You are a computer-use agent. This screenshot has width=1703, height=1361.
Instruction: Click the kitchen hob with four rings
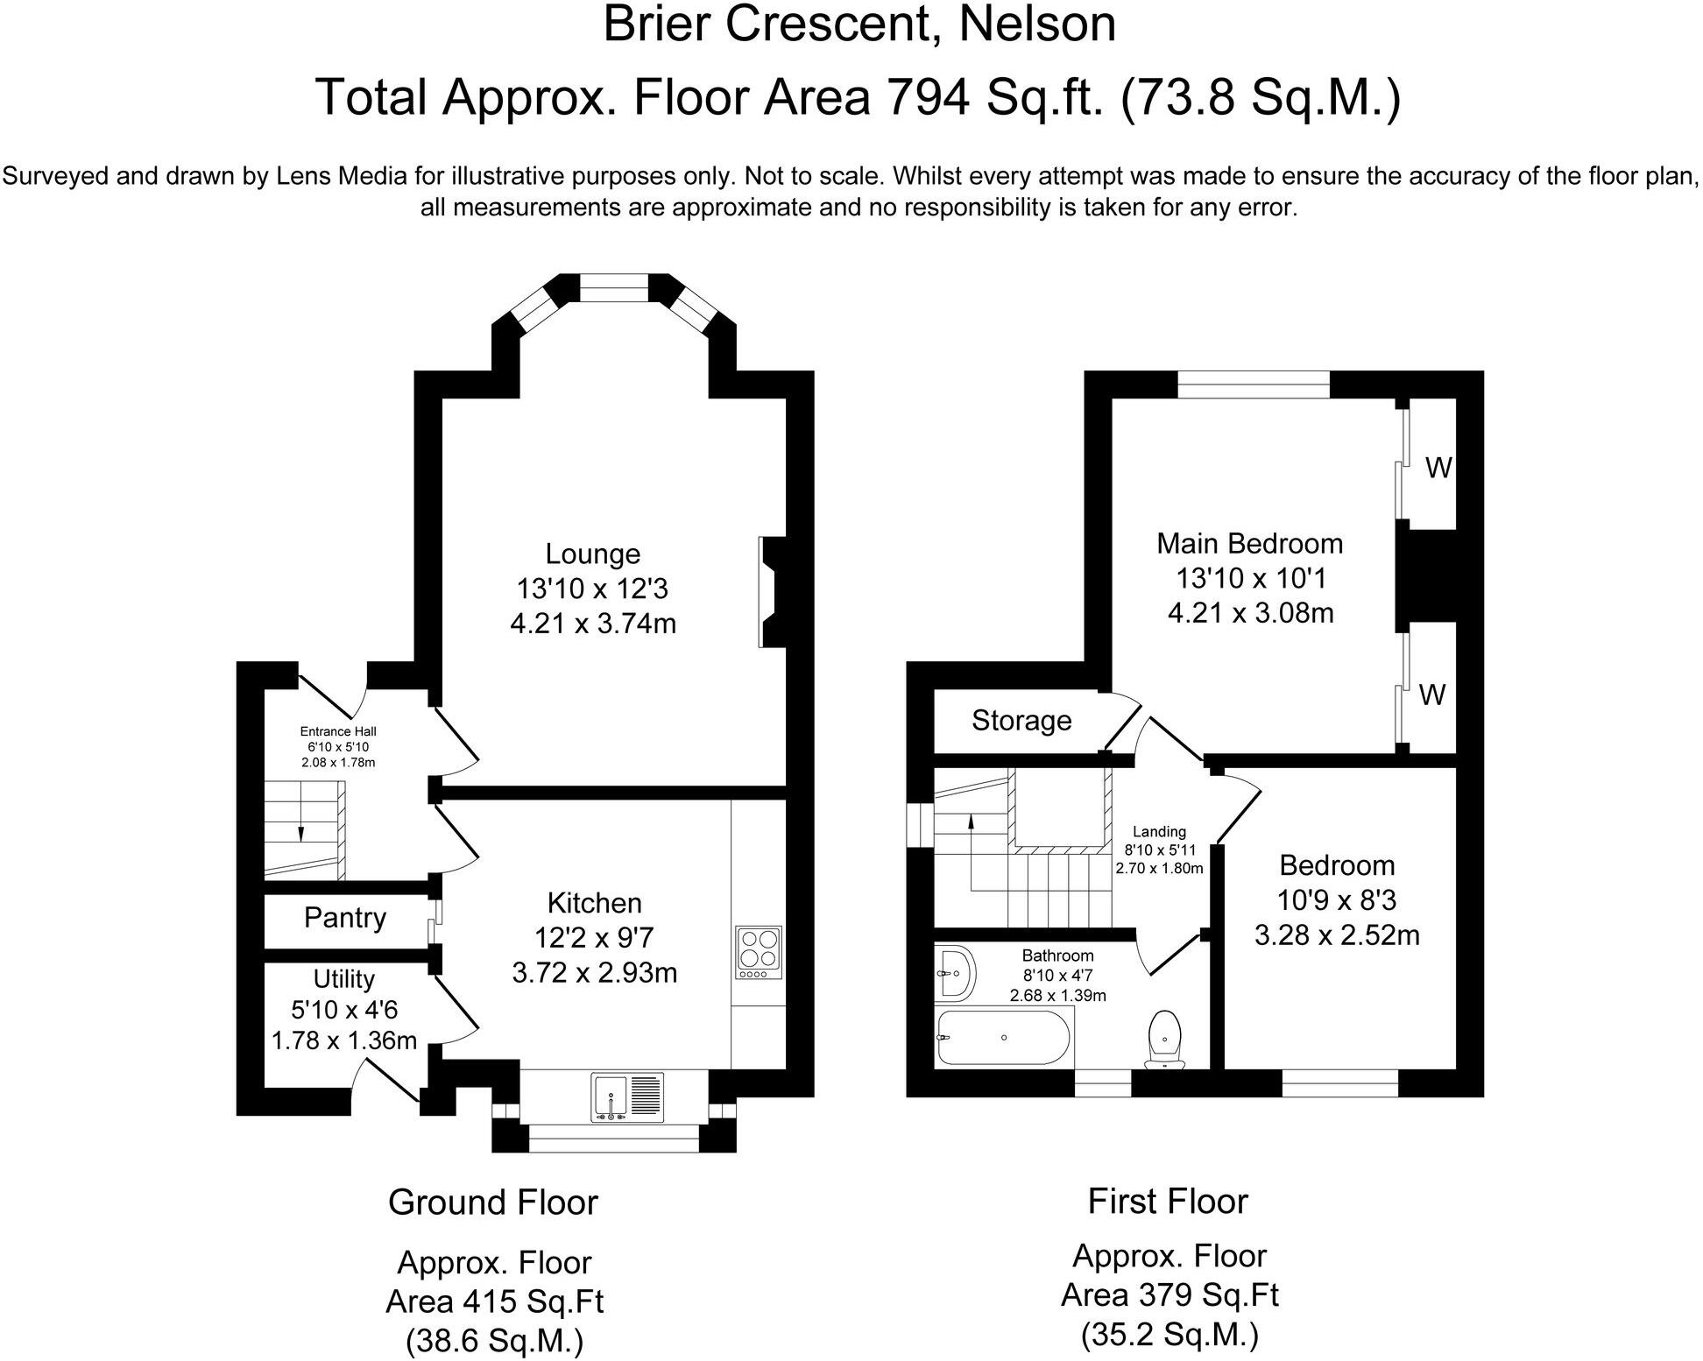[x=760, y=953]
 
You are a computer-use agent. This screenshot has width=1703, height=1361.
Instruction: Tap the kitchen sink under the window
[x=628, y=1097]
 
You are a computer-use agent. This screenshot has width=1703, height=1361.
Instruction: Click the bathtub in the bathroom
[x=1003, y=1037]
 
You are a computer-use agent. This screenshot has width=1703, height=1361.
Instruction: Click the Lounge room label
[x=592, y=554]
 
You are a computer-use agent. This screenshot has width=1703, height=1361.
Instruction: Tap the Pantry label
[x=345, y=918]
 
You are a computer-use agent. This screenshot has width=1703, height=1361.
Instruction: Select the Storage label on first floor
[x=1021, y=720]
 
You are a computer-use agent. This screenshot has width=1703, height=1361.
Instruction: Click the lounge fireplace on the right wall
[x=771, y=592]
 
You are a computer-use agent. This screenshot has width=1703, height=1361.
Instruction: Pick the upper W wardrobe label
[x=1438, y=469]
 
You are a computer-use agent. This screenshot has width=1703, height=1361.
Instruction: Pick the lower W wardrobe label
[x=1431, y=695]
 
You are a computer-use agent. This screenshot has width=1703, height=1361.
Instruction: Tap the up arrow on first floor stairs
[x=971, y=822]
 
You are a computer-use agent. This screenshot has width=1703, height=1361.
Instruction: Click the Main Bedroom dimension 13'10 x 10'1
[x=1249, y=578]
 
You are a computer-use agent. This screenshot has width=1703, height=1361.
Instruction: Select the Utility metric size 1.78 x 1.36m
[x=343, y=1040]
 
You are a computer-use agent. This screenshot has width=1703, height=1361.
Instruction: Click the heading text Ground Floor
[x=492, y=1202]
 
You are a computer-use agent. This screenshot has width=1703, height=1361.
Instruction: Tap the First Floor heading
[x=1167, y=1201]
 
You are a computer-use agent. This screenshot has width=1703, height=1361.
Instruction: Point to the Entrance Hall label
[x=338, y=731]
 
